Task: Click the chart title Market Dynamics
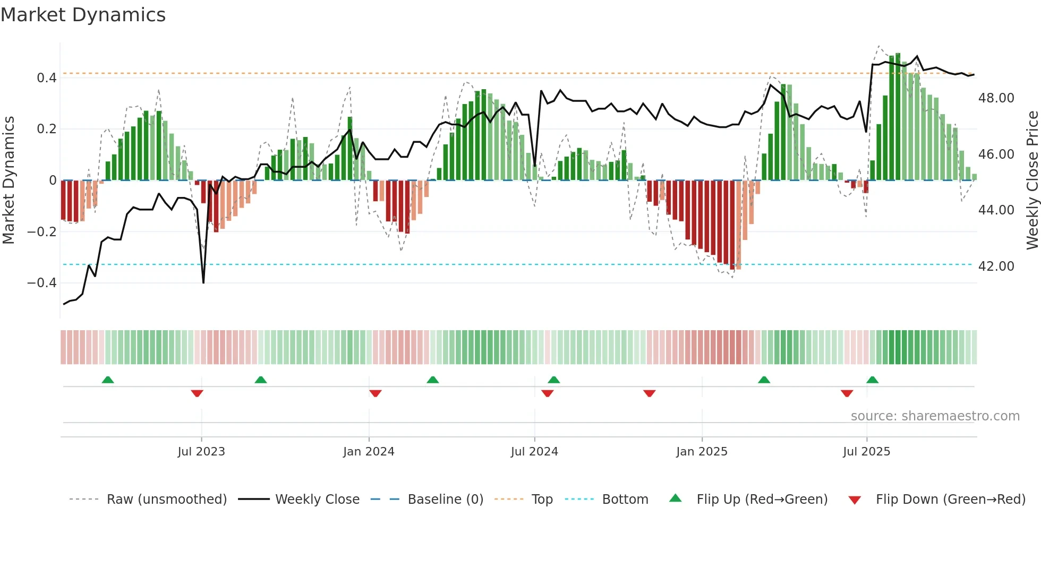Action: click(x=83, y=15)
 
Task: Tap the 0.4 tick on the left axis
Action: click(x=47, y=78)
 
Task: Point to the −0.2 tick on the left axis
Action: click(x=42, y=231)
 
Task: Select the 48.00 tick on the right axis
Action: click(x=996, y=98)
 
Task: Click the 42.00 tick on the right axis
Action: click(x=996, y=266)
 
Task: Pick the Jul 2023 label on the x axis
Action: click(x=201, y=452)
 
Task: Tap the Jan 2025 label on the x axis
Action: click(x=702, y=452)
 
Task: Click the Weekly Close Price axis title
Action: click(x=1032, y=180)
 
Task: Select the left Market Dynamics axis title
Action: click(x=8, y=180)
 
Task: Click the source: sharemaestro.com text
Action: click(x=935, y=416)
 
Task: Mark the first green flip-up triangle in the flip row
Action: click(x=108, y=380)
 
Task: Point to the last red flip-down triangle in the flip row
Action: click(x=847, y=393)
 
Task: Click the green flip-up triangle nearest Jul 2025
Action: click(x=872, y=380)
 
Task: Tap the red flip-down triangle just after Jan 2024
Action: click(x=375, y=393)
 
